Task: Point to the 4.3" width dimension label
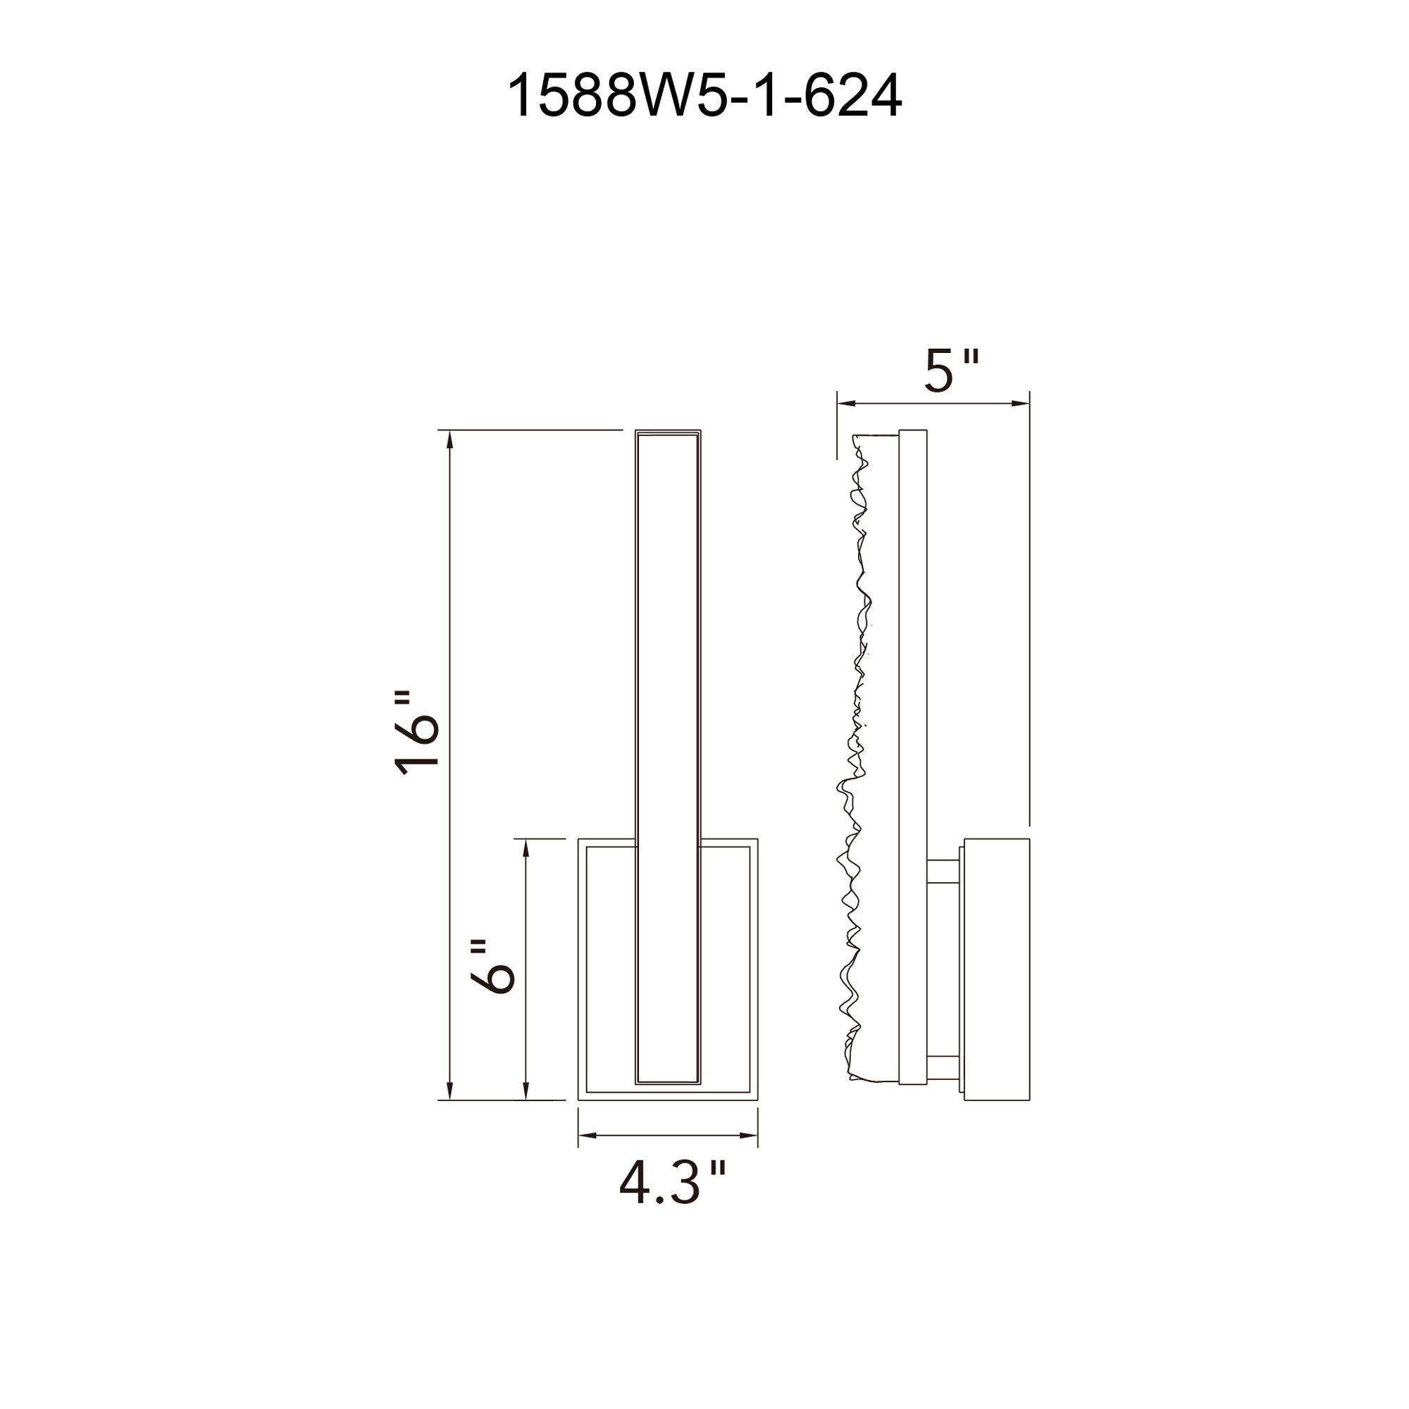671,1183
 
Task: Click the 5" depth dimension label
950,371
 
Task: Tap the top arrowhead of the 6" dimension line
526,848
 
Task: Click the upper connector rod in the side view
945,871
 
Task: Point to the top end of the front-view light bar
668,433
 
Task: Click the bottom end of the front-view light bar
668,1102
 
